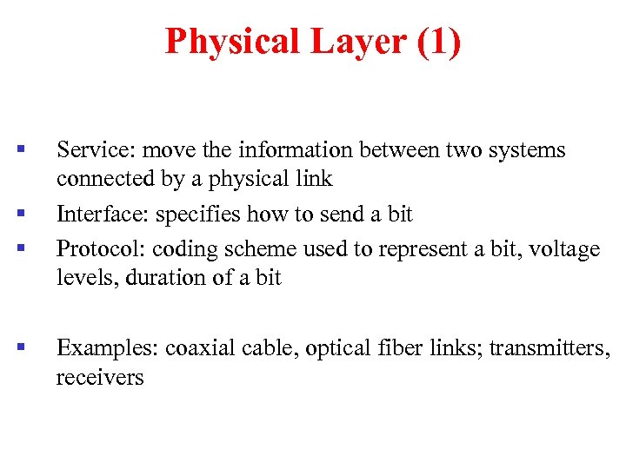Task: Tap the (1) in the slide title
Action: (439, 41)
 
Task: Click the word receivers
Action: (100, 378)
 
